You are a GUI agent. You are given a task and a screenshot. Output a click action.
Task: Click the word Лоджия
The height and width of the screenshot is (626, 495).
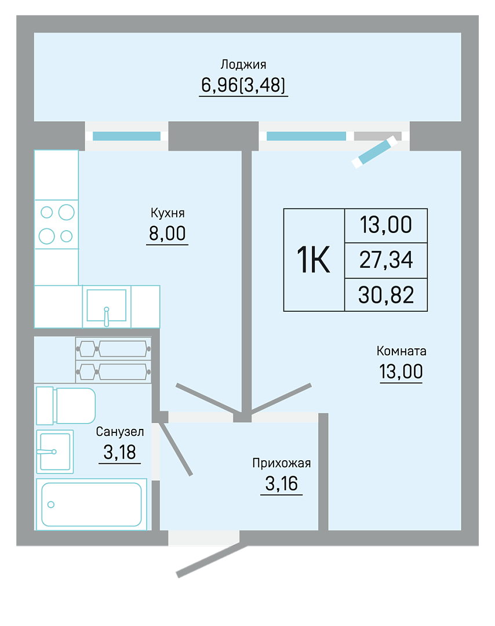(x=243, y=64)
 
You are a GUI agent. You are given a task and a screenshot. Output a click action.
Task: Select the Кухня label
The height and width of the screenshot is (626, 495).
(x=168, y=213)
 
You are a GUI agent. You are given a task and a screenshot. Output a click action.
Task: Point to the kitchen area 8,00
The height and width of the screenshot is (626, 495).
(x=168, y=233)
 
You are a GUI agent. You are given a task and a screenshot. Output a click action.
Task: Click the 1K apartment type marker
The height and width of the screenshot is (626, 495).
(x=314, y=260)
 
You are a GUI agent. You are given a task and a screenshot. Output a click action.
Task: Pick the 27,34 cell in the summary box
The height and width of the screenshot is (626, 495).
(x=386, y=260)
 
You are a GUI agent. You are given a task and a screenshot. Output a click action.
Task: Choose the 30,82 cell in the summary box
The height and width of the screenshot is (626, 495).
(x=386, y=295)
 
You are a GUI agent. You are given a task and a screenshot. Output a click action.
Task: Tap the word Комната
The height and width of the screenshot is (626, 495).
(x=401, y=351)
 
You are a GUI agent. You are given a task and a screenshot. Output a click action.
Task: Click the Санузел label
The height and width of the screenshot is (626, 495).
(x=120, y=432)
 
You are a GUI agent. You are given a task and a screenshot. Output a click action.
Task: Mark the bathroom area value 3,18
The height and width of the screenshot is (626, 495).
(x=120, y=452)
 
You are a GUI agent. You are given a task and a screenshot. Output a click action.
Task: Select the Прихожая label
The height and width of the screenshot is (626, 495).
(x=282, y=463)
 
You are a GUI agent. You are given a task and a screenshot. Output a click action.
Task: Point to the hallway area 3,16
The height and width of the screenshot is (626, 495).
(x=282, y=484)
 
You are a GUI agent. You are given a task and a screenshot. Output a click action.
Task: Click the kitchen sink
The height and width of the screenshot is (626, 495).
(x=107, y=307)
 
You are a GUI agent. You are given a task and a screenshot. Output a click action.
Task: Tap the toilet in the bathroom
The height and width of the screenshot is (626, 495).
(x=66, y=406)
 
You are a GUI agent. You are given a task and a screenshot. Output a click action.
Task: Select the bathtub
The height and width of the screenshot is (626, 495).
(x=92, y=504)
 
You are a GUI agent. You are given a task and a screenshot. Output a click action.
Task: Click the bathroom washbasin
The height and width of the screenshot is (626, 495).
(x=55, y=452)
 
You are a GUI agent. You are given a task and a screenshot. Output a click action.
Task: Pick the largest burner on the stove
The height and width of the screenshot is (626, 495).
(x=67, y=212)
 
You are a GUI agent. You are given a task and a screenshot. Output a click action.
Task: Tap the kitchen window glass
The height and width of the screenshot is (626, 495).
(x=126, y=136)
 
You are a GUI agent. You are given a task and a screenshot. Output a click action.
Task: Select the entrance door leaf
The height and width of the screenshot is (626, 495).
(x=212, y=561)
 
